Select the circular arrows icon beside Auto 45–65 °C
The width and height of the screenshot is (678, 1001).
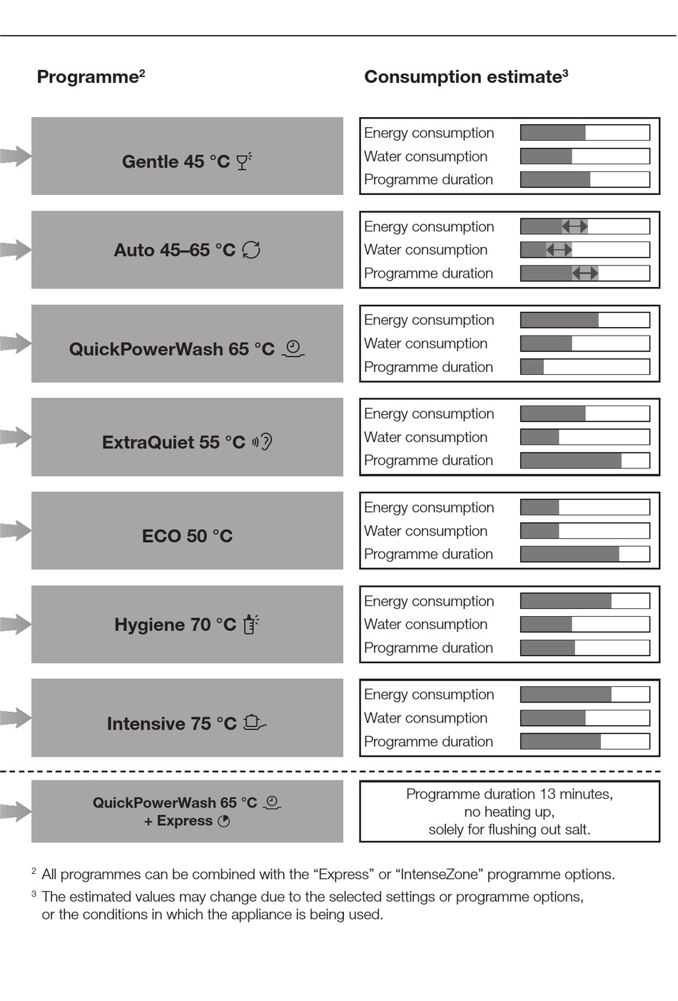click(x=251, y=250)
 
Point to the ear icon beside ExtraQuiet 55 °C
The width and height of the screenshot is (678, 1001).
click(x=262, y=442)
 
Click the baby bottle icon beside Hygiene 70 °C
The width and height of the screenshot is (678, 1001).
click(x=251, y=624)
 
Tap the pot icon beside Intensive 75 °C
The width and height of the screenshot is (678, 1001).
click(x=254, y=723)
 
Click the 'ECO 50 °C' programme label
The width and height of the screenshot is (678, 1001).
click(x=187, y=535)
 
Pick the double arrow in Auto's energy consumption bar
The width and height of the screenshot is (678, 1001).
click(x=575, y=226)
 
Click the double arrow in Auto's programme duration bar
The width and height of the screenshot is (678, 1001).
click(x=585, y=273)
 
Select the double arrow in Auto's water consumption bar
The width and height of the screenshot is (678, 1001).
click(x=560, y=250)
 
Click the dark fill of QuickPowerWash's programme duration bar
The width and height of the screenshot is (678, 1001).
click(x=532, y=367)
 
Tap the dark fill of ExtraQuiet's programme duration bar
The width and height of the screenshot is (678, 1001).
click(x=571, y=461)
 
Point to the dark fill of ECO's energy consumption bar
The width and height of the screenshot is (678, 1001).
click(x=540, y=507)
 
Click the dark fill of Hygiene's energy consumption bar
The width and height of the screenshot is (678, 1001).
click(x=567, y=601)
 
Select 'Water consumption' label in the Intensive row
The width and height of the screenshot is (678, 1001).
click(x=425, y=718)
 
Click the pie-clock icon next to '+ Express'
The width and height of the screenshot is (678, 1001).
click(x=224, y=821)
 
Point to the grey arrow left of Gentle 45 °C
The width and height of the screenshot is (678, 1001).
click(x=16, y=156)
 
